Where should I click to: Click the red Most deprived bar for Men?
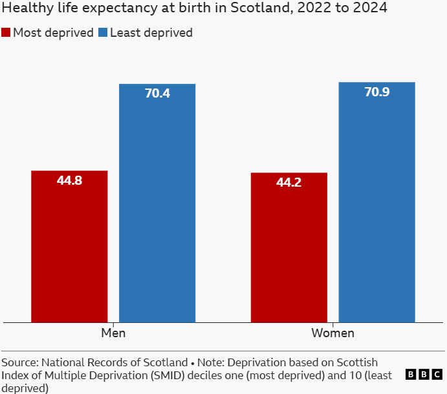(x=69, y=246)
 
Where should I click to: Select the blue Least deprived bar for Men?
(x=157, y=203)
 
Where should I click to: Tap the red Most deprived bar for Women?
(x=289, y=247)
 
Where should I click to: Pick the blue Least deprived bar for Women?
(x=377, y=202)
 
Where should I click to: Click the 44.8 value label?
(x=69, y=181)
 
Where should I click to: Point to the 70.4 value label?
(x=157, y=94)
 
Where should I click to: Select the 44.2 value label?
(x=289, y=183)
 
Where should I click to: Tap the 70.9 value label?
(x=377, y=92)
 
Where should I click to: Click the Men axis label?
(x=113, y=333)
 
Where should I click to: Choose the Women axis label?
(x=333, y=333)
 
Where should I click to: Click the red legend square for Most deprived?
(x=6, y=33)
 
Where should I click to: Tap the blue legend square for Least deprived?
(x=103, y=33)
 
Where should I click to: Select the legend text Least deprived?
(x=151, y=33)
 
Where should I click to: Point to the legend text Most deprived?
(x=54, y=33)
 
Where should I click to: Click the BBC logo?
(x=424, y=375)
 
